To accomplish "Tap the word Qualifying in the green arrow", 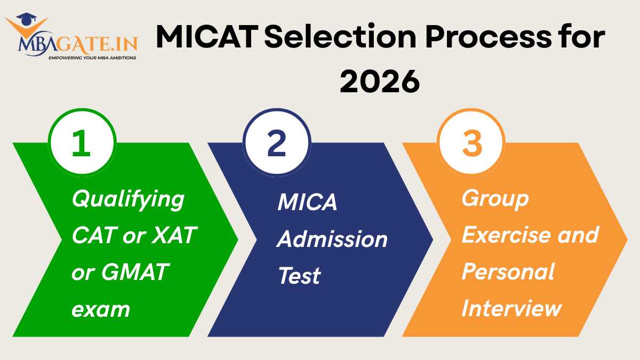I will click(x=128, y=201).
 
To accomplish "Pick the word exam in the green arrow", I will click(x=101, y=309).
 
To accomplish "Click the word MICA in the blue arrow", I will click(x=307, y=203).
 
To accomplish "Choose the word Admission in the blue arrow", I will click(x=332, y=239).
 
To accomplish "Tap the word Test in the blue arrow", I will click(x=299, y=276).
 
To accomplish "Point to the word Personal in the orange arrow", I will click(x=508, y=271).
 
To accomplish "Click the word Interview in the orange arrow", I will click(x=511, y=308).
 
